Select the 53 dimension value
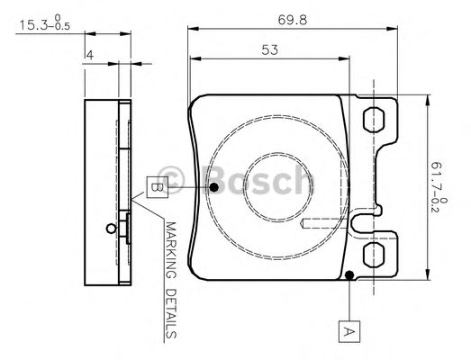269,50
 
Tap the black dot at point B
214,187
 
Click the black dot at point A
349,274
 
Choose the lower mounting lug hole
372,255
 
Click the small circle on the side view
109,227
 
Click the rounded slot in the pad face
324,221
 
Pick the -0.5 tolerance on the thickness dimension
59,27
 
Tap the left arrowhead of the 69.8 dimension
192,29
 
